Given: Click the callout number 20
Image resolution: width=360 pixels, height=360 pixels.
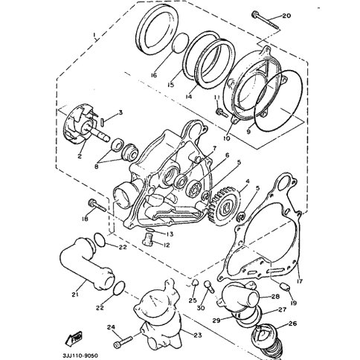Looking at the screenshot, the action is pos(286,16).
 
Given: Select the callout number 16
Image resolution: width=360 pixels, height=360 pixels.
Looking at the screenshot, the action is pos(154,75).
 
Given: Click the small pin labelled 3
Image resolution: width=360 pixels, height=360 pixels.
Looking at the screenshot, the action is pos(103,121).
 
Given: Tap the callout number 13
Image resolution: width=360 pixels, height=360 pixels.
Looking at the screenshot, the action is pos(170,234).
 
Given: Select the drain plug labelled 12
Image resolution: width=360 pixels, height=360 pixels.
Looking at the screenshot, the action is pos(148,240).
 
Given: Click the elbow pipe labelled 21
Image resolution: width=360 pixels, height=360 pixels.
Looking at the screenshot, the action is pos(87,266).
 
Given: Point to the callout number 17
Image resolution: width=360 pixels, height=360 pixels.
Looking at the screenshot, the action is pos(300,281).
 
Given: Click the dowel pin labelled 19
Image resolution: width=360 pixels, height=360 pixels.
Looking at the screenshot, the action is pos(286,287).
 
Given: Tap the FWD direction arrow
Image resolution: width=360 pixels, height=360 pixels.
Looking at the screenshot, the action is pos(74,338).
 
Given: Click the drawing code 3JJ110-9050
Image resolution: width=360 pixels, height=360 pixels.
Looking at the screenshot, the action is pos(80,356).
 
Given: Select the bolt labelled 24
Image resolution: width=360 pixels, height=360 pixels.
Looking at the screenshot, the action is pos(123,341).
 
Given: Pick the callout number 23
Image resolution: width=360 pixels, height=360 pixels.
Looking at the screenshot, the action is pos(197,335).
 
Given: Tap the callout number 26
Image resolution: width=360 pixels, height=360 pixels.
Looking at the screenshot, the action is pos(292,324).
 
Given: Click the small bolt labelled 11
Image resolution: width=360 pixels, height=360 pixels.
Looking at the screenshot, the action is pos(222,113).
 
